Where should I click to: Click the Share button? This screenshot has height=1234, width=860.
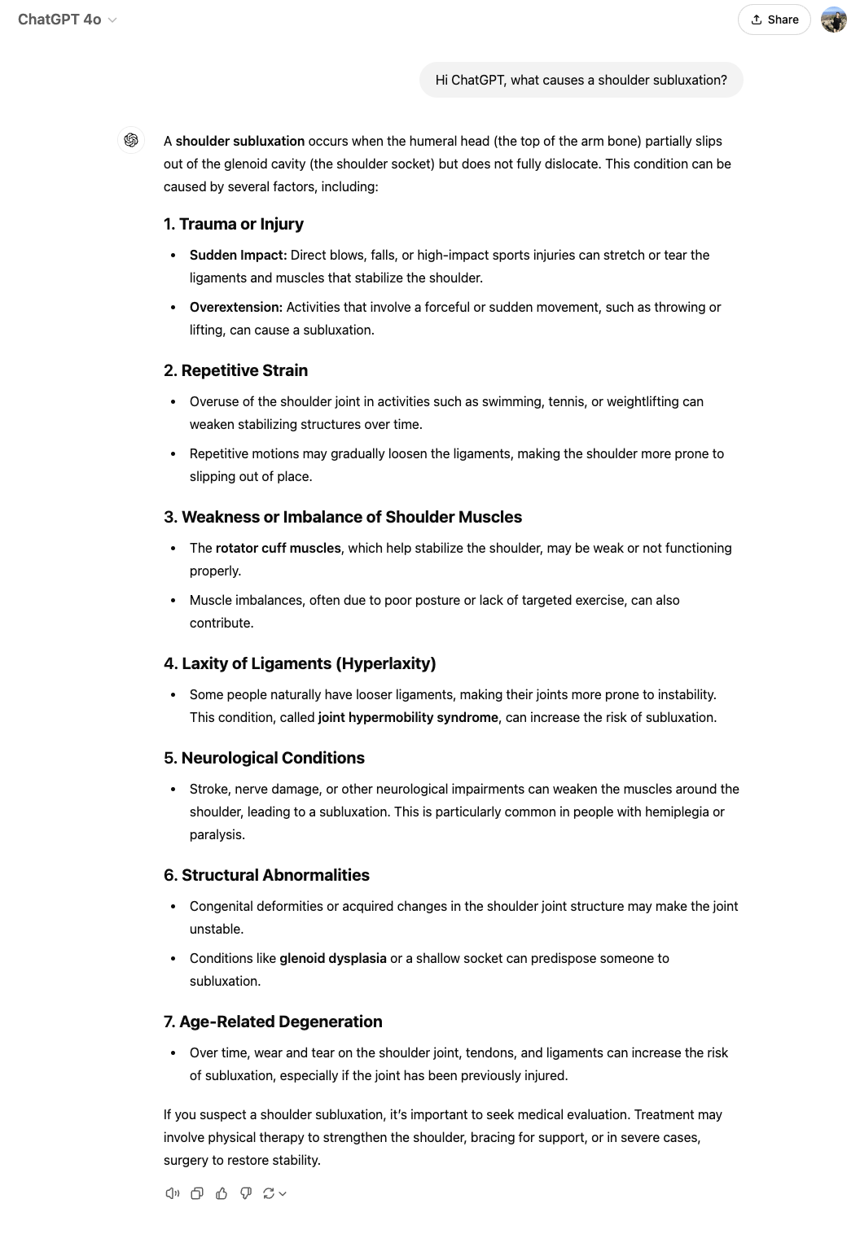[774, 20]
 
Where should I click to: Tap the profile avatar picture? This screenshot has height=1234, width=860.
[833, 20]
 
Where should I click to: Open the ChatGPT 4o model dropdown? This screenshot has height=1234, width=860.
[68, 20]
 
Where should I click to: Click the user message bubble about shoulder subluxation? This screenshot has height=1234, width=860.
[581, 80]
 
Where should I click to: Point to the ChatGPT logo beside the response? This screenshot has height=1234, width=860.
[131, 141]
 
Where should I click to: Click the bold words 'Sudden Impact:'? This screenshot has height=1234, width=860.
[238, 255]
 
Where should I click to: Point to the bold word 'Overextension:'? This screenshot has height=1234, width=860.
[235, 307]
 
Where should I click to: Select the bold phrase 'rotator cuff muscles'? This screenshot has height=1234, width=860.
[278, 548]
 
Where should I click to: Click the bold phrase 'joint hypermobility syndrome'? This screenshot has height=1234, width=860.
[408, 717]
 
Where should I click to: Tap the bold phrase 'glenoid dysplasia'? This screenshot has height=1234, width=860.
[332, 958]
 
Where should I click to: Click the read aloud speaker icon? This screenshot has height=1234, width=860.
[172, 1193]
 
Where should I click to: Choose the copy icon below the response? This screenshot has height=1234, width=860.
[197, 1193]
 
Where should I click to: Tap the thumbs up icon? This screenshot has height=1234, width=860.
[222, 1193]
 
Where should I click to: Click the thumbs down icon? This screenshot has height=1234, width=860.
[246, 1193]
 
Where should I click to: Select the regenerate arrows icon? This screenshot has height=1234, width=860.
[269, 1193]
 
